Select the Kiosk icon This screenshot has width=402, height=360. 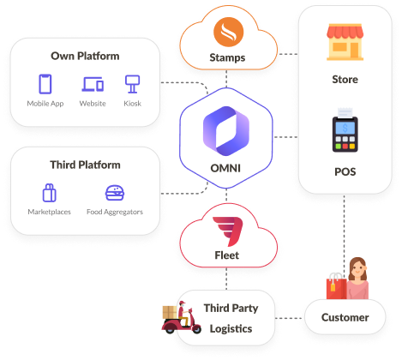(x=132, y=84)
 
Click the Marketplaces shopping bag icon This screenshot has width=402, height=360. (x=49, y=193)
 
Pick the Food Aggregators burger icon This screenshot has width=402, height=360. (x=115, y=193)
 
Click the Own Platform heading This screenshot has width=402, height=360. (x=84, y=57)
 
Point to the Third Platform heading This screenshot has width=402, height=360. (x=84, y=165)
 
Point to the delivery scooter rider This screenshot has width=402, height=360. (x=182, y=319)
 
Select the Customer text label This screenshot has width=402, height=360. (x=345, y=317)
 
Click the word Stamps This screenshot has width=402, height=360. (x=227, y=58)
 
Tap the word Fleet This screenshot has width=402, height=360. (x=227, y=255)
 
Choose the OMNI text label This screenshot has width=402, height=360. (x=227, y=167)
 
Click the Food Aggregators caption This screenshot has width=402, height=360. (x=115, y=212)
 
